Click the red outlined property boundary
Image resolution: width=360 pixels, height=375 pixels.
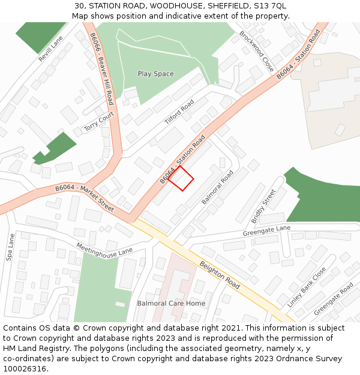(x=181, y=178)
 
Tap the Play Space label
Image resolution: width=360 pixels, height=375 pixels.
(x=155, y=74)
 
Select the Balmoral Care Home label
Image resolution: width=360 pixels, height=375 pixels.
(x=171, y=303)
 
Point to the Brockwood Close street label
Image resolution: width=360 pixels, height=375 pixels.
(x=256, y=52)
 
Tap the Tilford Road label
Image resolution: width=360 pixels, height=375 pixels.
(x=179, y=112)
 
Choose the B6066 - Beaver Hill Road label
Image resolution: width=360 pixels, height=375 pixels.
(x=102, y=68)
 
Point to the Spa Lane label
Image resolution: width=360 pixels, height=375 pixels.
(x=10, y=247)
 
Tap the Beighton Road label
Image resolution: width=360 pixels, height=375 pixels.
(x=220, y=275)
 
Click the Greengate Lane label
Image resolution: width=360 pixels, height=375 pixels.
(x=266, y=231)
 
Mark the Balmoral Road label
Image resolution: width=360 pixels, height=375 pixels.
(x=218, y=187)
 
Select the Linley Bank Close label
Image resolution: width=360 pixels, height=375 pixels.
(x=306, y=287)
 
